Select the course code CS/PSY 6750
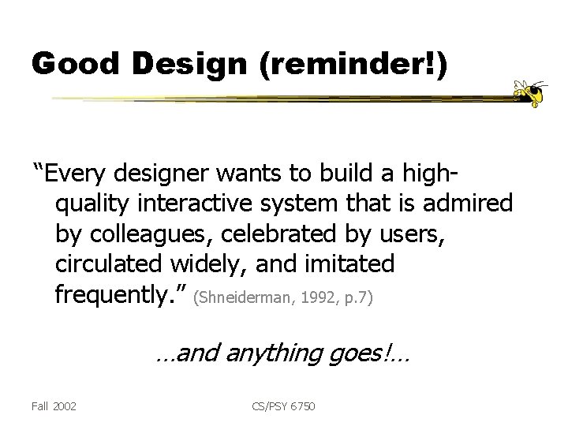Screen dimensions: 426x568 (x=283, y=406)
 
